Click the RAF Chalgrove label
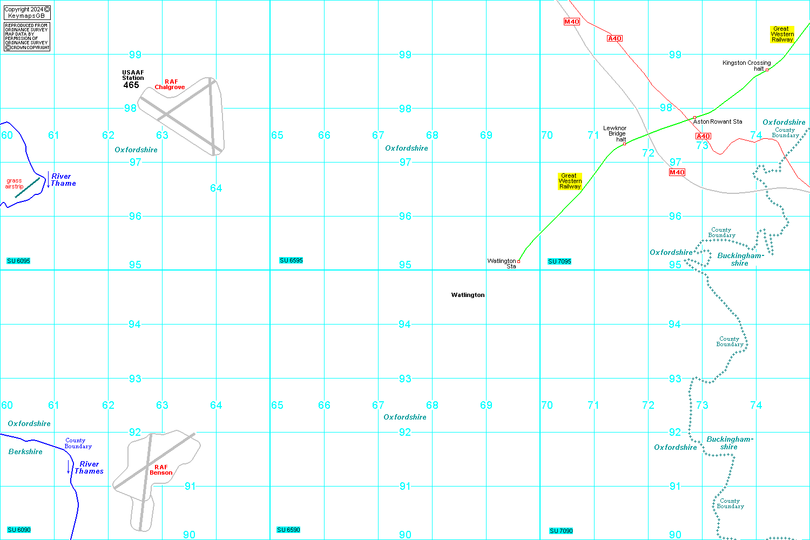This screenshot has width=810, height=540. (170, 84)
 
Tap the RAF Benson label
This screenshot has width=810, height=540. (161, 470)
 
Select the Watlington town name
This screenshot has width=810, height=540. (468, 295)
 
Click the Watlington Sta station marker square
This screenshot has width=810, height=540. (518, 261)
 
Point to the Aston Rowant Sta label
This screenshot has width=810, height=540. (718, 122)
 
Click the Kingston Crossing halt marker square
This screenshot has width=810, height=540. (767, 70)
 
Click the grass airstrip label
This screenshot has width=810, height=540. (14, 184)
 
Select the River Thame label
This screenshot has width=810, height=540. (63, 180)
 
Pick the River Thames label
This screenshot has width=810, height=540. (89, 467)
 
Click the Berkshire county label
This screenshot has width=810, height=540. (25, 451)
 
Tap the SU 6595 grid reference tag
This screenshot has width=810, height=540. (291, 260)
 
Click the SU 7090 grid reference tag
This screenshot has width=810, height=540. (561, 531)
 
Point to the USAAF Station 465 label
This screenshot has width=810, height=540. (132, 79)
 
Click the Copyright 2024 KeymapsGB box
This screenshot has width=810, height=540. (27, 12)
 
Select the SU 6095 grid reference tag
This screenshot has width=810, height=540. (18, 261)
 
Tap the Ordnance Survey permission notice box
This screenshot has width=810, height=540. (27, 37)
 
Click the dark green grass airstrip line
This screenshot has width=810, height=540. (27, 188)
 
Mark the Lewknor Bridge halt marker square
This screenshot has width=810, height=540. (624, 144)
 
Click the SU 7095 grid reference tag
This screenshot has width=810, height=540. (559, 261)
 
